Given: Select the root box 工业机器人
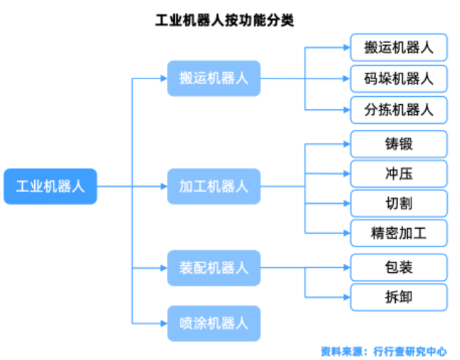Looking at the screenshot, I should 50,187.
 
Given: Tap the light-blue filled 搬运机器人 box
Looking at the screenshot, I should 214,78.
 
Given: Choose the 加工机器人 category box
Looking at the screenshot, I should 214,187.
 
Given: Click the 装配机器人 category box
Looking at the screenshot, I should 214,268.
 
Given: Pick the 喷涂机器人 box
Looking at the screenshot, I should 214,323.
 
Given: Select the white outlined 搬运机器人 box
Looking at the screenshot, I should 399,48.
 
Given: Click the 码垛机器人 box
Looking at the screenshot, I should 399,78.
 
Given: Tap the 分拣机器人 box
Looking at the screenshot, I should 399,110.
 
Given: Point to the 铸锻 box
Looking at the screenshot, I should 399,144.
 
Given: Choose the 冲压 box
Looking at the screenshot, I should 399,174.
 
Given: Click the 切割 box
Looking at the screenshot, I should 399,204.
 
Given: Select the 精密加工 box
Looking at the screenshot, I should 399,233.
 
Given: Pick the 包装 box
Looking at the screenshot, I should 399,268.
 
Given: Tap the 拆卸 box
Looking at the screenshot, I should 399,297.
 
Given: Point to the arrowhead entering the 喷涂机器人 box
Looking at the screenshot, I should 163,323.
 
